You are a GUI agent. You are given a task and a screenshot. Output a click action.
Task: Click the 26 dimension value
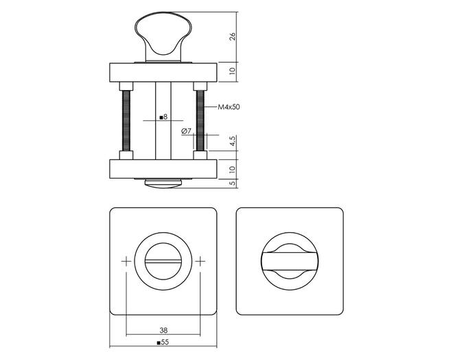[233, 36]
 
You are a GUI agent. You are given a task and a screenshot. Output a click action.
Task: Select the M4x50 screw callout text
[229, 107]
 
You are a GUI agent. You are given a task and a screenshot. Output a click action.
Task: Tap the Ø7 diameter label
[186, 131]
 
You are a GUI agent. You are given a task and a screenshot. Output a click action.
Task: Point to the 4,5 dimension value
[233, 141]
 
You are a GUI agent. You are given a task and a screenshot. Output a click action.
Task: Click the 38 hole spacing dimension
[163, 330]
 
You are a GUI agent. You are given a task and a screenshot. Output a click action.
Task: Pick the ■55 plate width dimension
[163, 342]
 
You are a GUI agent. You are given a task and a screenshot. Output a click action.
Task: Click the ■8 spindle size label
[163, 117]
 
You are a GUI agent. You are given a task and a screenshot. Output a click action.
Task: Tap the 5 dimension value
[233, 183]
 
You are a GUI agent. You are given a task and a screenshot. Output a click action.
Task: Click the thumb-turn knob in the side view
[163, 36]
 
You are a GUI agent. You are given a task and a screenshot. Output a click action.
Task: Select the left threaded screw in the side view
[126, 121]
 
